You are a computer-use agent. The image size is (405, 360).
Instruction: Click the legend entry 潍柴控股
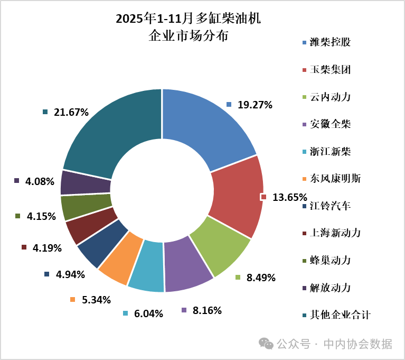click(x=330, y=42)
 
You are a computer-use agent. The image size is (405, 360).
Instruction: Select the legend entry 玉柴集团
click(x=330, y=70)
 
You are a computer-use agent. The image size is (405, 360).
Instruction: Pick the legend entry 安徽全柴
click(x=330, y=125)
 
